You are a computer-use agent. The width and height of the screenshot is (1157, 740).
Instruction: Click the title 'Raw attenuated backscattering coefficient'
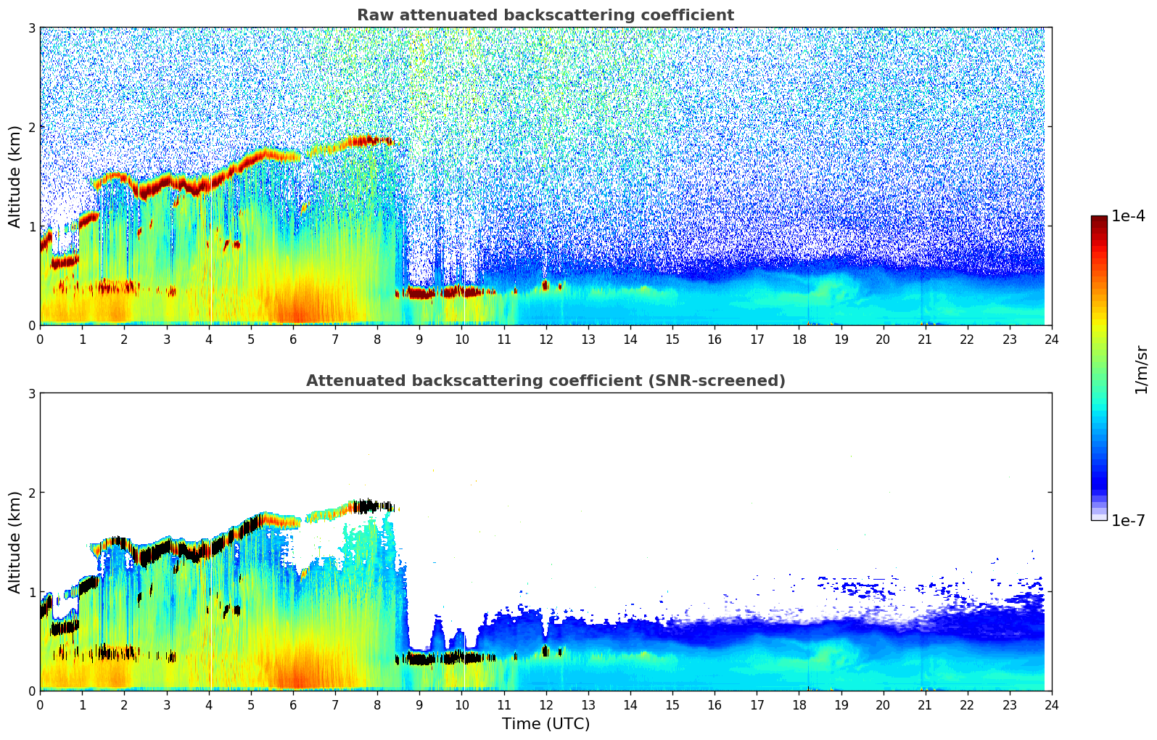pos(545,15)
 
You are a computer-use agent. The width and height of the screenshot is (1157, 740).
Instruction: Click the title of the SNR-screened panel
pos(545,381)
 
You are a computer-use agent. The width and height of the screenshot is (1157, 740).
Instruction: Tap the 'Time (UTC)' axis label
pos(545,724)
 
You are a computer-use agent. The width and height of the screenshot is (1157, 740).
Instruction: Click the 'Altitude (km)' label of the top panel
pos(15,176)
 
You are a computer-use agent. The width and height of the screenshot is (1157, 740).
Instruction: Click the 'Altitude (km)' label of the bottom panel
pos(15,542)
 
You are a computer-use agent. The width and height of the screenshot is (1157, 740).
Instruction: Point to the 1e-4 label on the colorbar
pos(1128,216)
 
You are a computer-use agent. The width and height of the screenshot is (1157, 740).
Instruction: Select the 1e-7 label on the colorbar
pos(1128,520)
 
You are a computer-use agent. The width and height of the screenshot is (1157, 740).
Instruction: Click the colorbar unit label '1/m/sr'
pos(1141,369)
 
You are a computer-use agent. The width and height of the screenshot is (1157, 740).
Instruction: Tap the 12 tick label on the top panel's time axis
pos(545,340)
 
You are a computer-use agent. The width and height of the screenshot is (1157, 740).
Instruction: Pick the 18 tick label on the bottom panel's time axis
pos(799,705)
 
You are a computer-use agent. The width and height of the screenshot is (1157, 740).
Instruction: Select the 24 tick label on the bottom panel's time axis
pos(1051,705)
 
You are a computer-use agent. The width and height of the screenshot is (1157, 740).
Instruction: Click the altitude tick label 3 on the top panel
pos(32,28)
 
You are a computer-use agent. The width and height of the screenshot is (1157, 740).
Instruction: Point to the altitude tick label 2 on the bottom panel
pos(32,493)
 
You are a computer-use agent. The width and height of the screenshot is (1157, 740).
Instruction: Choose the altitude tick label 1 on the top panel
pos(32,226)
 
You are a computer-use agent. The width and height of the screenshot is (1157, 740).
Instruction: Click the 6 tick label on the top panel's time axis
pos(293,340)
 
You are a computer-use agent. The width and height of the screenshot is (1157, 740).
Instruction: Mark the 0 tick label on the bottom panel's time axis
pos(40,705)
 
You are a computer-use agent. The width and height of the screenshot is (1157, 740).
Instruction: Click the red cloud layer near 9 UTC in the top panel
pos(421,293)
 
